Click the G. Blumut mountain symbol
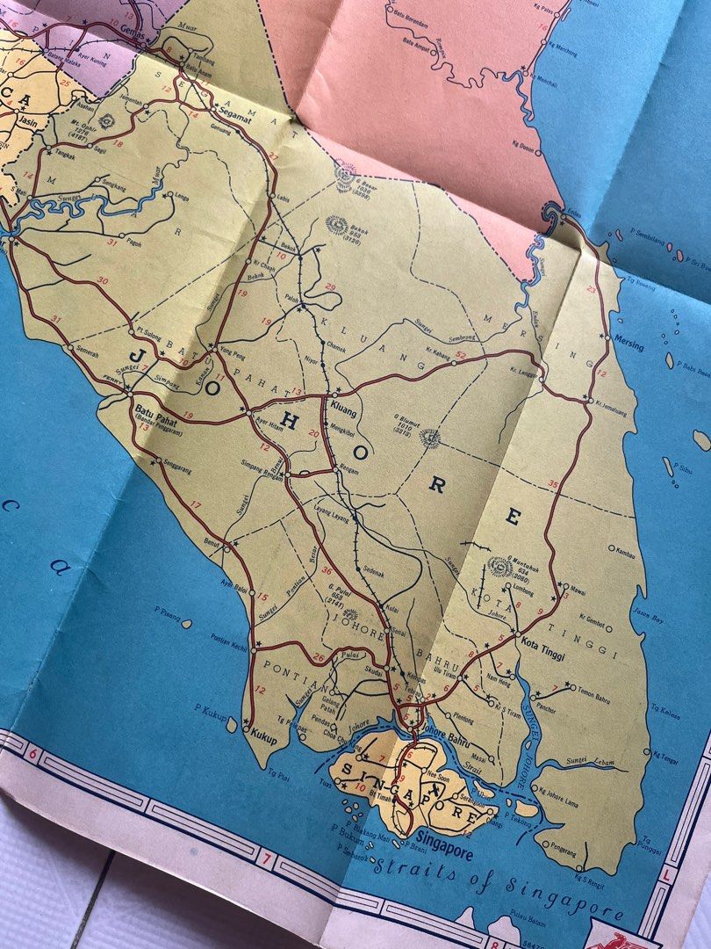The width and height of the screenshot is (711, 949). [x=429, y=436]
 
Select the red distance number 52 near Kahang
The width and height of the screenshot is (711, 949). [x=459, y=355]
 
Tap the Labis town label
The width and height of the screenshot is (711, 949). [x=282, y=198]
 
